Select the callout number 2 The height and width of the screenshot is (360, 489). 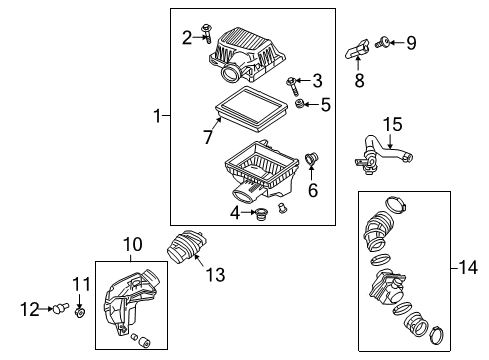click(187, 39)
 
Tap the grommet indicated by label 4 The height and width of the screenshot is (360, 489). click(263, 212)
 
